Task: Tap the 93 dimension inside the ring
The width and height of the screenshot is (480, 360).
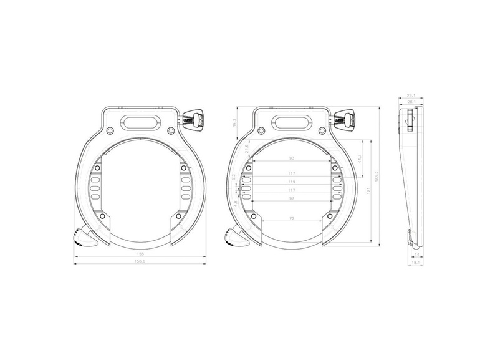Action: point(291,159)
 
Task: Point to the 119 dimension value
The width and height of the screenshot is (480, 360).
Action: point(291,182)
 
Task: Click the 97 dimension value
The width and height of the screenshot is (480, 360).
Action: point(291,198)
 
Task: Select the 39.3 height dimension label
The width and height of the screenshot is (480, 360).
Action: point(234,124)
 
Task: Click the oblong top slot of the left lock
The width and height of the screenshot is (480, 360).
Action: point(142,119)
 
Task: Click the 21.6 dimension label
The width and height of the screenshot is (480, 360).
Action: point(247,149)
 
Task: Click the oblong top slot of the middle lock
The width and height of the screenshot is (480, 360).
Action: point(292,119)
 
